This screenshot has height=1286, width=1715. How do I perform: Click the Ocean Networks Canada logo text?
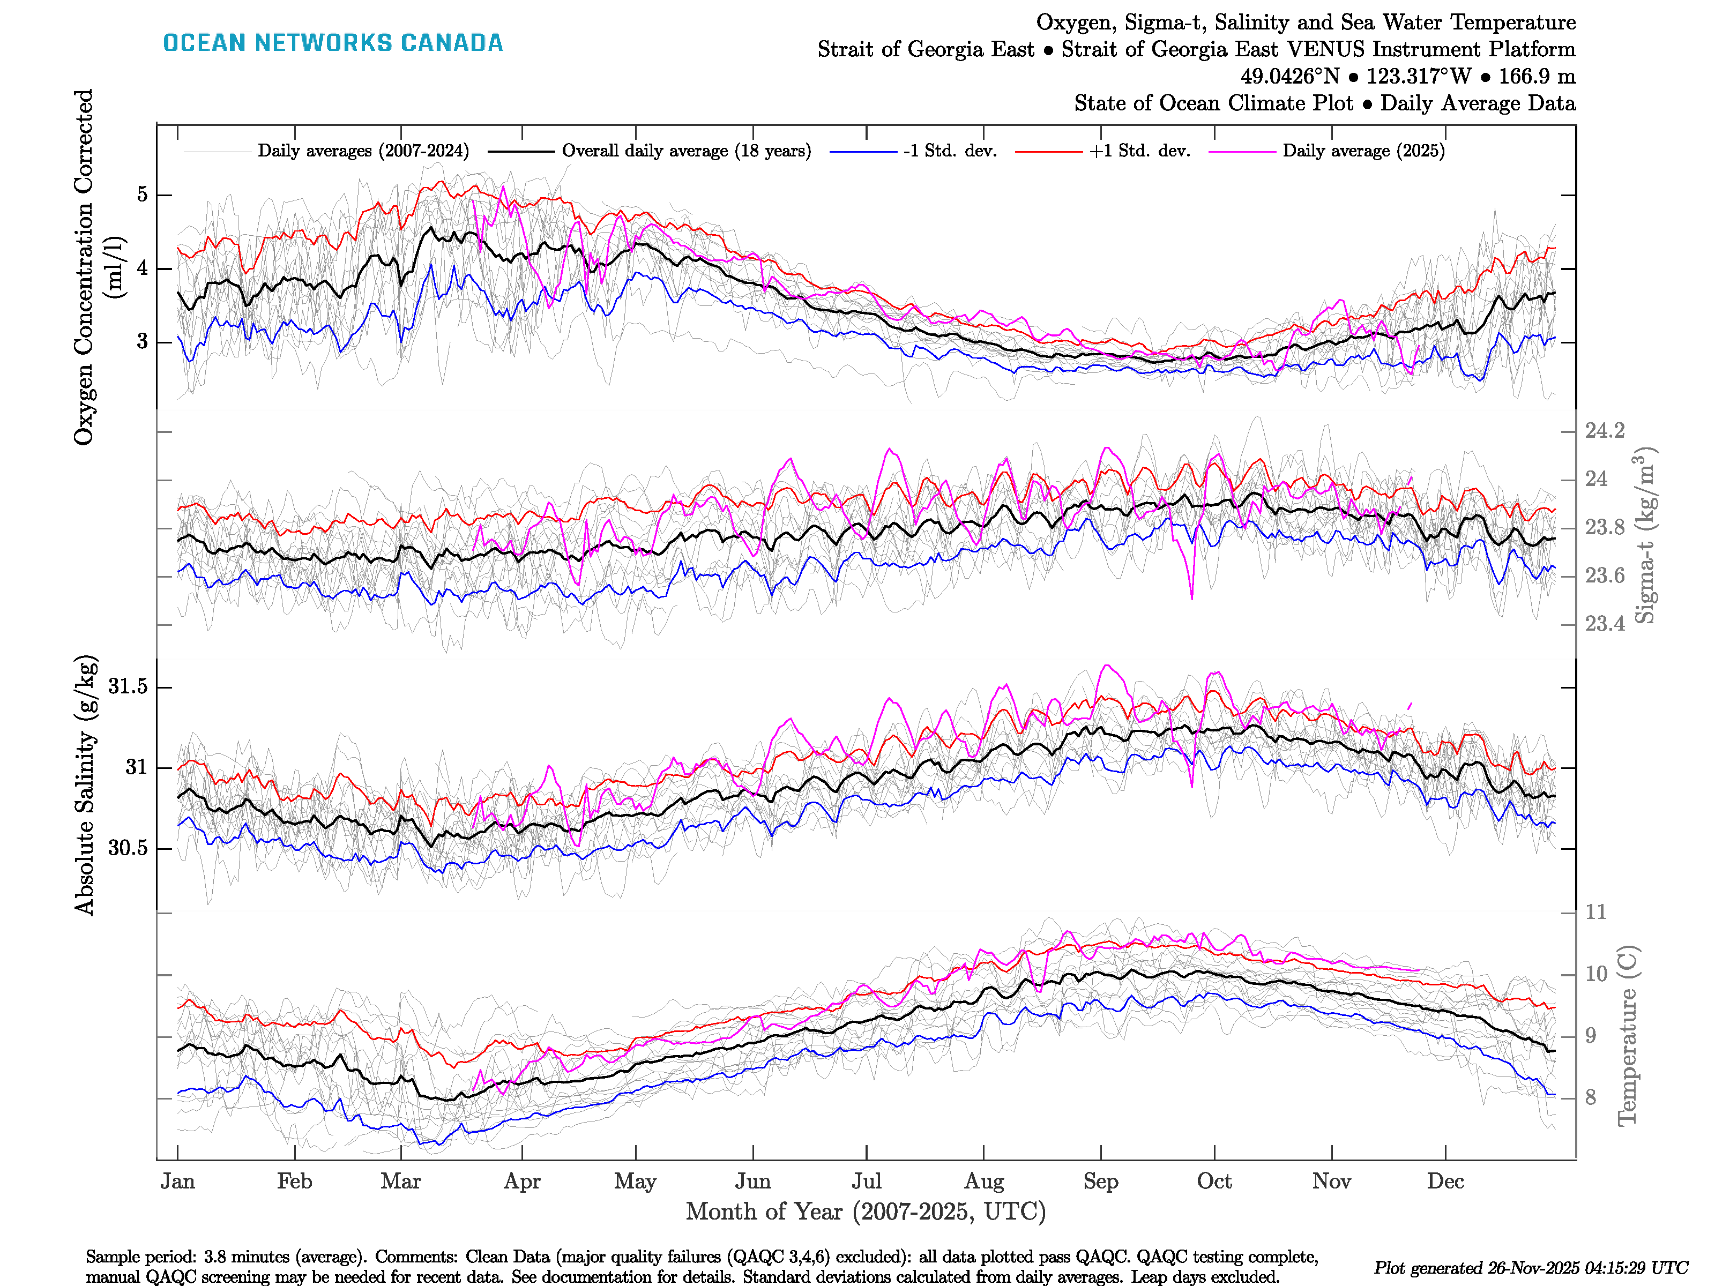pos(333,43)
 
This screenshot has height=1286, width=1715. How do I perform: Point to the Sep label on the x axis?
pos(1100,1182)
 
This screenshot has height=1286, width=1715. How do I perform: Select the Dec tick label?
pos(1445,1182)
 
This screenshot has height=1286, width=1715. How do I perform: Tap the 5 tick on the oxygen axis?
pos(142,195)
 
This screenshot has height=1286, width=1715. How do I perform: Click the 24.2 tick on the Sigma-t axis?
pos(1604,431)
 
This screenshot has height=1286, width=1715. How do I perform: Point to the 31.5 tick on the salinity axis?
pos(128,687)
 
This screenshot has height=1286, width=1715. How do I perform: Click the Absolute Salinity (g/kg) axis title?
pos(85,784)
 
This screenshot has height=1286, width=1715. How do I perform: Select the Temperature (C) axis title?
pos(1627,1035)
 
